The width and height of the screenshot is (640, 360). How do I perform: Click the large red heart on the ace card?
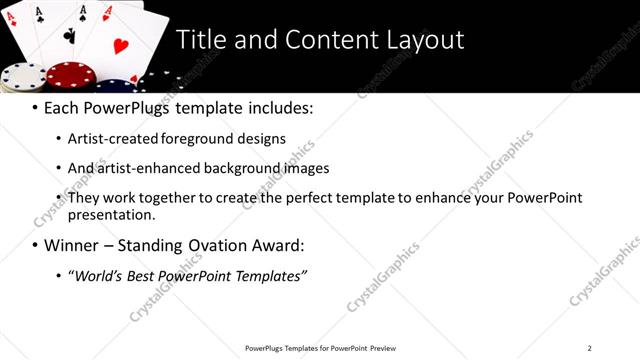120,45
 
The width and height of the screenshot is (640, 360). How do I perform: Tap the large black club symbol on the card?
69,35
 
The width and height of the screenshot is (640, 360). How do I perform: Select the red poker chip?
70,76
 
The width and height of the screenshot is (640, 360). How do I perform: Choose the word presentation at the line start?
111,215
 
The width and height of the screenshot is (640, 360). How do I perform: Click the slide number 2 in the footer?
590,348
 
